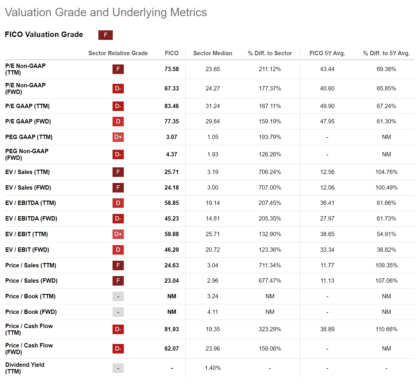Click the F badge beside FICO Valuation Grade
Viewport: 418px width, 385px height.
[x=105, y=35]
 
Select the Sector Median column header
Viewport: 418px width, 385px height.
[x=213, y=53]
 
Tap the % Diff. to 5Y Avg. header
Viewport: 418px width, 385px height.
[x=386, y=53]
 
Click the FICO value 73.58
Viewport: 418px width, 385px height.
[x=172, y=69]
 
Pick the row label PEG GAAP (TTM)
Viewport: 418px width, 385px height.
[x=29, y=137]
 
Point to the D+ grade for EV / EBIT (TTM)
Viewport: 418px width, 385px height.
[x=118, y=234]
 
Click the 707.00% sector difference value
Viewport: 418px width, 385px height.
[x=270, y=188]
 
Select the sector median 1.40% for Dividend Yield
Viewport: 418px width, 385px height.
[x=213, y=368]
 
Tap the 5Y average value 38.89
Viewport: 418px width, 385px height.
[x=327, y=329]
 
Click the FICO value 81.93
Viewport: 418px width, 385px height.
[x=172, y=329]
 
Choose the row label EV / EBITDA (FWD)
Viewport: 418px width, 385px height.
[x=31, y=219]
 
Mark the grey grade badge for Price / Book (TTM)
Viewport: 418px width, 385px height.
[x=118, y=296]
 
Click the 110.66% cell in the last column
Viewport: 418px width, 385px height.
[x=386, y=329]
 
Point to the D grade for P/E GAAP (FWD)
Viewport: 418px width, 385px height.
[x=118, y=121]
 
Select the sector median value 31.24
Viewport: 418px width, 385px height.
[x=213, y=106]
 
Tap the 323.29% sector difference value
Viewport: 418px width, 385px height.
[x=270, y=329]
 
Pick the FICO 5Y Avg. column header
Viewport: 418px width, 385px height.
[x=327, y=53]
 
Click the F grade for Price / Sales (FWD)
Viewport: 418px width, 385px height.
[x=118, y=281]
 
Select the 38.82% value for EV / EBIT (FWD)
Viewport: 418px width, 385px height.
[x=386, y=250]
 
